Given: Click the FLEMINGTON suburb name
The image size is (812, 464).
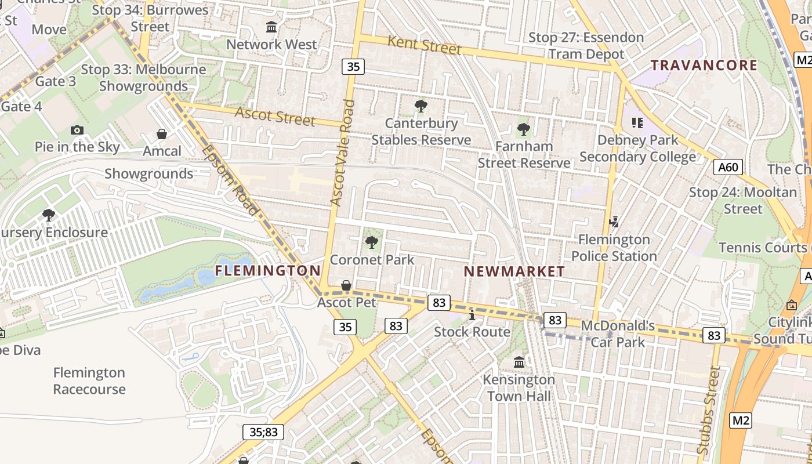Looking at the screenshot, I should click(x=268, y=270).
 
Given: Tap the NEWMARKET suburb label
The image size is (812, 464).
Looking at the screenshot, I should click(x=514, y=271).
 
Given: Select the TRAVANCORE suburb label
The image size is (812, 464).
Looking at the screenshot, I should click(x=704, y=65).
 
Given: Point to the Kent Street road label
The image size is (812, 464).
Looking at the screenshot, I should click(x=424, y=45).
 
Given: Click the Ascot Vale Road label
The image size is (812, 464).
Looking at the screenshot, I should click(x=342, y=153).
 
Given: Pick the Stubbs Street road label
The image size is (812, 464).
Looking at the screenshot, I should click(x=709, y=410).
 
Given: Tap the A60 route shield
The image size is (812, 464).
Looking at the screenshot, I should click(x=728, y=168).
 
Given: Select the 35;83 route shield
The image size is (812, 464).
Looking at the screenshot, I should click(x=263, y=432).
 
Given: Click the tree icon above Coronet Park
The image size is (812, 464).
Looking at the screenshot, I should click(x=371, y=242).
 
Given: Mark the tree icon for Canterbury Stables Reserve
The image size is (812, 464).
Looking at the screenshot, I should click(x=421, y=106).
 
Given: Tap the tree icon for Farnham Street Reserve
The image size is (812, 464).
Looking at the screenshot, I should click(x=524, y=129).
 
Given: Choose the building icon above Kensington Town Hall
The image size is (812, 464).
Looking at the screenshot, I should click(x=520, y=362).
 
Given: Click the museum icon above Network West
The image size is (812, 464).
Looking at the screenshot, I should click(x=271, y=27).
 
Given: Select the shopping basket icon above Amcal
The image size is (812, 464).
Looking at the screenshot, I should click(x=162, y=134).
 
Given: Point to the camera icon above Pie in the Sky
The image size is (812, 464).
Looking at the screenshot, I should click(x=77, y=130).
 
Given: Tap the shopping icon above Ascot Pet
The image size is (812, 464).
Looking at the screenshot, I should click(x=346, y=285).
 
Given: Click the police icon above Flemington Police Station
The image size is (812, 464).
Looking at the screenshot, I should click(x=614, y=222).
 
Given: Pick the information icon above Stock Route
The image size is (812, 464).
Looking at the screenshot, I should click(x=472, y=315).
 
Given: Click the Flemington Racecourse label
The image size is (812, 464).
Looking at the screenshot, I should click(x=89, y=380).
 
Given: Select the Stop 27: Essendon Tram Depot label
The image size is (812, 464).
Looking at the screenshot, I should click(x=586, y=46).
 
